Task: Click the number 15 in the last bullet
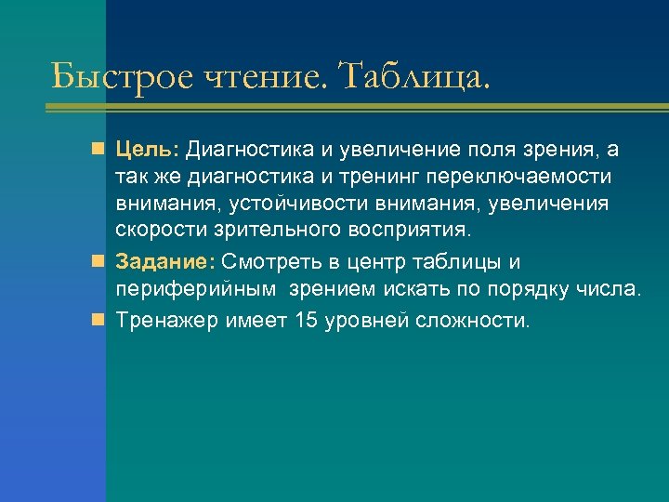tap(305, 321)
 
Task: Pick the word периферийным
tap(196, 289)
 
